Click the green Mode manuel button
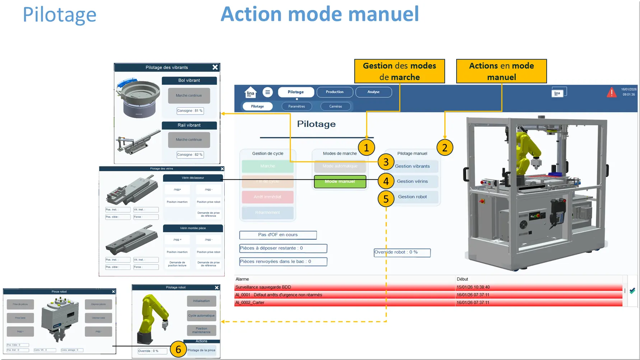tap(340, 182)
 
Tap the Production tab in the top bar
tap(335, 92)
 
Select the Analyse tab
tap(373, 92)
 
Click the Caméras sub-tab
tap(336, 106)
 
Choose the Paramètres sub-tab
tap(296, 106)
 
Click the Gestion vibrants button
tap(412, 166)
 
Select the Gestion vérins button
tap(412, 181)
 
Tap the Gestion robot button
tap(412, 197)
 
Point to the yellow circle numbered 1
tap(366, 148)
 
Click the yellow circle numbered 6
tap(178, 349)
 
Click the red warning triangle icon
tap(611, 93)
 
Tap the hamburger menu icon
tap(267, 92)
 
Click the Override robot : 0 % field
tap(402, 252)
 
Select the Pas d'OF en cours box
tap(278, 235)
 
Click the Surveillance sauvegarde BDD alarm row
tap(345, 287)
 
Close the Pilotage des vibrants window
tap(215, 67)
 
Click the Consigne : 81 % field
tap(190, 111)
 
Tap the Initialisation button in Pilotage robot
tap(201, 301)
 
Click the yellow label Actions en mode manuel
tap(501, 71)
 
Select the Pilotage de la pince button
tap(202, 350)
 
